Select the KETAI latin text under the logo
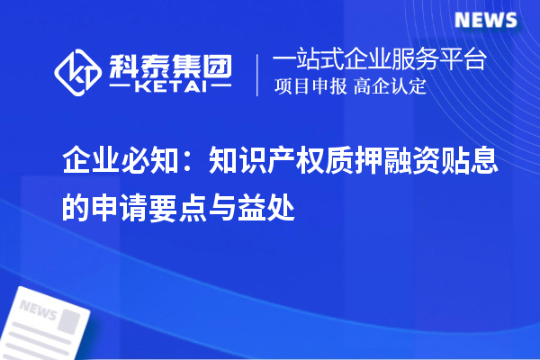(x=171, y=87)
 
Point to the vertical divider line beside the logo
(x=259, y=74)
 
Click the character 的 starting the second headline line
(x=75, y=208)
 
